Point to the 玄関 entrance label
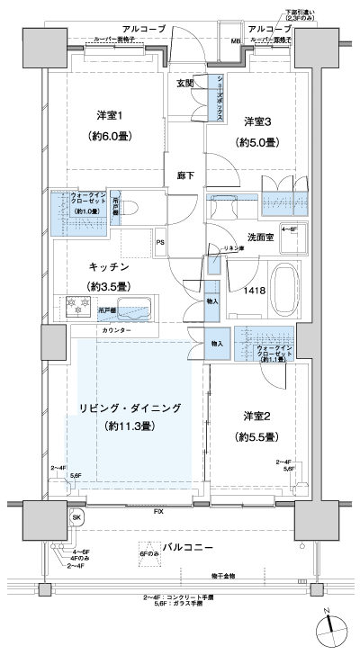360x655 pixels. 185,83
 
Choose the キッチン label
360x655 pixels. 110,267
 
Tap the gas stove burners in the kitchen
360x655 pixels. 72,309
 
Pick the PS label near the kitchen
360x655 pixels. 159,242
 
